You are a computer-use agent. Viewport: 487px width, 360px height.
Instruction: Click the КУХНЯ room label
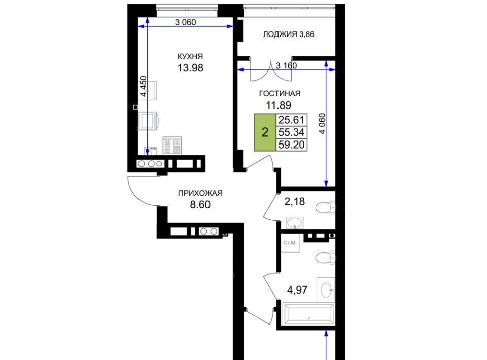190,56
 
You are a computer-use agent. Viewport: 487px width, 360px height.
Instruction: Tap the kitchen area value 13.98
190,67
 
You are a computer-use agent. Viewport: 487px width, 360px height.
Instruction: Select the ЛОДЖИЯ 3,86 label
288,34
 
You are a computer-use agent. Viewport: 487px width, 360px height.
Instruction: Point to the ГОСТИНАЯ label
280,93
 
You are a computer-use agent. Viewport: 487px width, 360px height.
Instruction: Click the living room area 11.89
279,105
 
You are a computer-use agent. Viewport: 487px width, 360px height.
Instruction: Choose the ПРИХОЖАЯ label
200,193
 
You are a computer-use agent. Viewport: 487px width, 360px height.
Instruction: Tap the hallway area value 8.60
200,205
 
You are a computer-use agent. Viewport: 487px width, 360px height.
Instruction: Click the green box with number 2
265,132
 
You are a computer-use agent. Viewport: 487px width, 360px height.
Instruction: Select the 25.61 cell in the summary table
291,120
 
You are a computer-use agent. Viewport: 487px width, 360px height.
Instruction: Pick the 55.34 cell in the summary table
291,132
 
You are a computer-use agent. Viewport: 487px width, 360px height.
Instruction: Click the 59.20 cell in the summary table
291,145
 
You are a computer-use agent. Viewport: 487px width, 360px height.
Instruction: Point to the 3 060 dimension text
186,22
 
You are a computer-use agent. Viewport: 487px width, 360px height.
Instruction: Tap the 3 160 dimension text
286,66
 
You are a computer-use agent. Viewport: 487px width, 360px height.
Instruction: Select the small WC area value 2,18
295,202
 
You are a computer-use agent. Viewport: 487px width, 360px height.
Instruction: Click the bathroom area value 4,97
297,290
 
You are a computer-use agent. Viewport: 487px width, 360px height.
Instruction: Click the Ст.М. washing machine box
290,243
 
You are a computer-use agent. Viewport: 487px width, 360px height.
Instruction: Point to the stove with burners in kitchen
172,146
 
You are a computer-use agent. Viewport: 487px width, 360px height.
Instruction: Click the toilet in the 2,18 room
325,207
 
